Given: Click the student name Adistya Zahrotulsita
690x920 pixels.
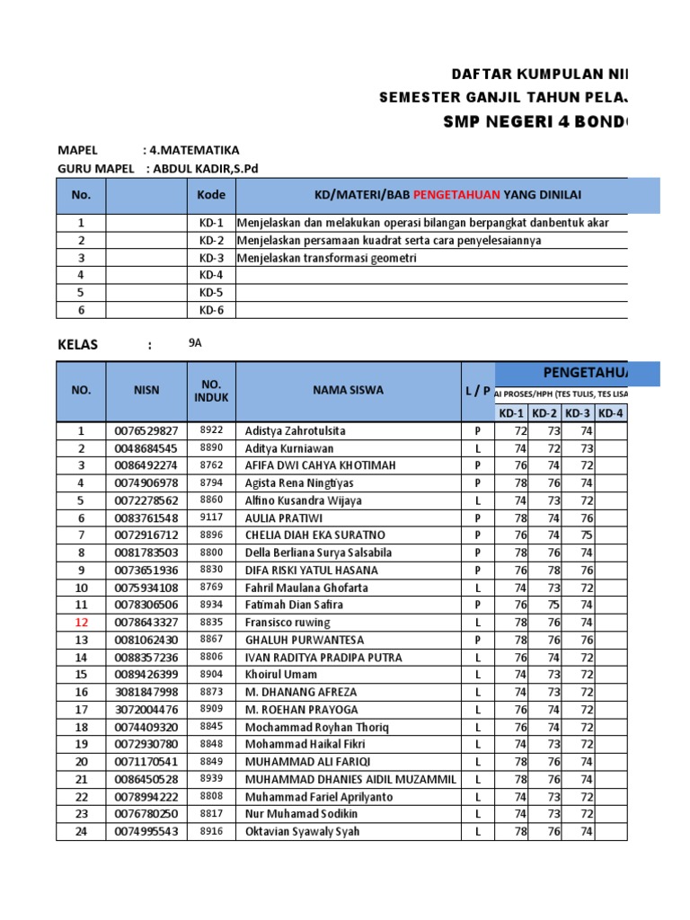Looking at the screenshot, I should point(295,431).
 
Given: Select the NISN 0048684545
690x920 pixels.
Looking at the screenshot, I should point(146,448).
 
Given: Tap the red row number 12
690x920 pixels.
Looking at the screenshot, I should point(81,623).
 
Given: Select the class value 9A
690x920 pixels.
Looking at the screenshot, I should point(196,342).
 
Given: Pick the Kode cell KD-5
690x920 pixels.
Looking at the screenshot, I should point(211,293).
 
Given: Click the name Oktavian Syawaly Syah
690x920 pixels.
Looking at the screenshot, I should point(302,832).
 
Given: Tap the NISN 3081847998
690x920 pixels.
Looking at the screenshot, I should point(146,692).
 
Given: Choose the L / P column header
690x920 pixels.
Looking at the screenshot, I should point(477,391).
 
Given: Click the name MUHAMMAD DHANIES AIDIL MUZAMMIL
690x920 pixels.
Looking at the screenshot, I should point(350,779).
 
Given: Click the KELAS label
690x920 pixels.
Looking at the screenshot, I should point(77,345).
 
